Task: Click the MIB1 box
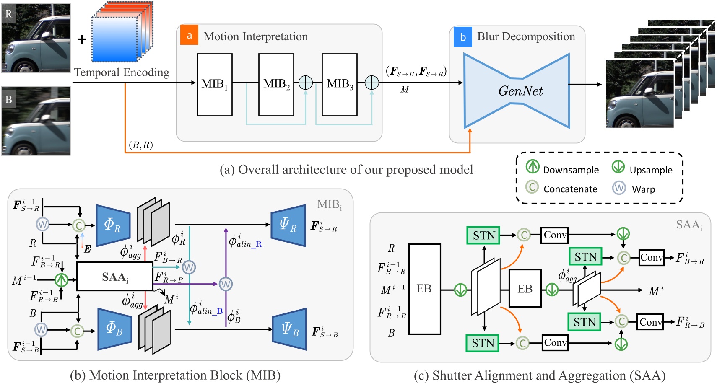215,85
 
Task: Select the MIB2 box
276,85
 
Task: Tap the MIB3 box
339,85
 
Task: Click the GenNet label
520,91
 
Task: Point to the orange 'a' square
189,36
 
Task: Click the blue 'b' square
462,37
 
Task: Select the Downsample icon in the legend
533,167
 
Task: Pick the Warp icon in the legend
619,188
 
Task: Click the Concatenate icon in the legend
532,187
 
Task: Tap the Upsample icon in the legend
618,167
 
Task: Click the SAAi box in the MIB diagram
114,277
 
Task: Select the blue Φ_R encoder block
113,225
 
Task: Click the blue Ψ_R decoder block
288,225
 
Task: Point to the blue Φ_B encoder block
114,329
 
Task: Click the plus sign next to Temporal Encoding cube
82,40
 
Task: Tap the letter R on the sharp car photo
8,14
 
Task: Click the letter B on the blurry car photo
8,100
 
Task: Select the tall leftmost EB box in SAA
424,289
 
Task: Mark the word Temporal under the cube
97,72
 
